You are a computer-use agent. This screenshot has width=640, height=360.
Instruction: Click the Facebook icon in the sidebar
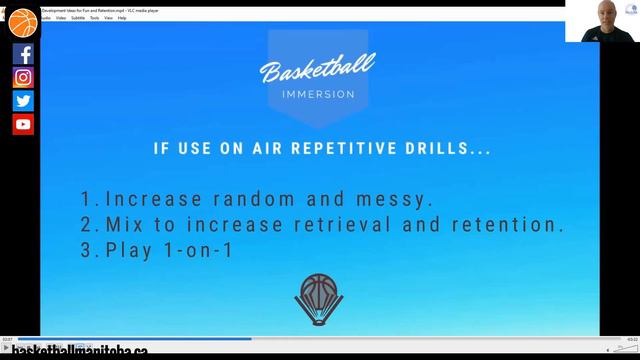(x=23, y=54)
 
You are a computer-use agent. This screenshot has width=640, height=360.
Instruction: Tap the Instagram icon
(x=23, y=77)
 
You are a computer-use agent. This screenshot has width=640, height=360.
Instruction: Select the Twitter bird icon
(x=23, y=100)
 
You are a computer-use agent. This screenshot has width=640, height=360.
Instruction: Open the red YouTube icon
(x=23, y=124)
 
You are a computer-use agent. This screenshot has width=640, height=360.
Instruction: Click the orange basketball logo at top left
(x=22, y=22)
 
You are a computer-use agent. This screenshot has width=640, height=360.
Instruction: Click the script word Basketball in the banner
(x=317, y=71)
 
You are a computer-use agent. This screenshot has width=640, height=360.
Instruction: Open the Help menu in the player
(x=122, y=17)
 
